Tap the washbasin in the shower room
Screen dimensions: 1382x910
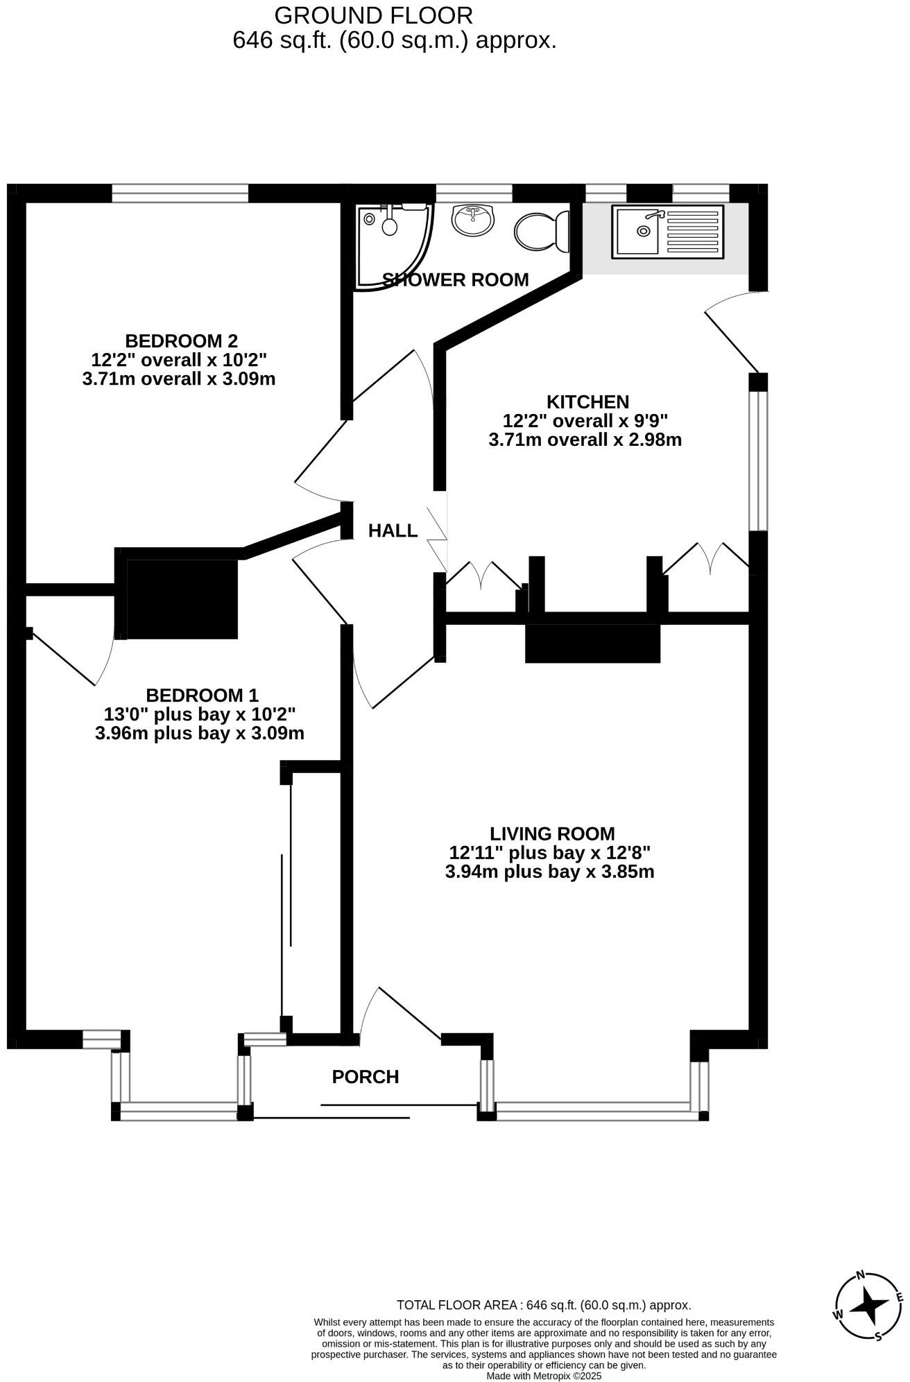474,221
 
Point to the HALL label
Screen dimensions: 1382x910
393,531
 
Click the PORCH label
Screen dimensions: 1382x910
366,1077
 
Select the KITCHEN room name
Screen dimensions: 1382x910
587,402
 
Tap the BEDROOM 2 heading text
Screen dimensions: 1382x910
181,341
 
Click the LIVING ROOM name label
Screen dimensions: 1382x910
552,833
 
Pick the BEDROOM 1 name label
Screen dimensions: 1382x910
202,696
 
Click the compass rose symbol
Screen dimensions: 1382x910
869,1308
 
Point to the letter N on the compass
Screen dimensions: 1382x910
861,1275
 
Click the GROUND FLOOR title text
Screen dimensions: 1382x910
374,15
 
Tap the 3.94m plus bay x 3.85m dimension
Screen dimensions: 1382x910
549,872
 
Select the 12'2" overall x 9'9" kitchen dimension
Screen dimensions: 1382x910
585,421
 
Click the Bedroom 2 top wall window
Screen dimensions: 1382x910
180,193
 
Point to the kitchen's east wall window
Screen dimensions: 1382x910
758,461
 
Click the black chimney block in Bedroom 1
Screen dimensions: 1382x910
182,598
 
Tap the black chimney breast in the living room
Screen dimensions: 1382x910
592,643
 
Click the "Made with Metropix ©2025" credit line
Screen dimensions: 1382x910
544,1376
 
